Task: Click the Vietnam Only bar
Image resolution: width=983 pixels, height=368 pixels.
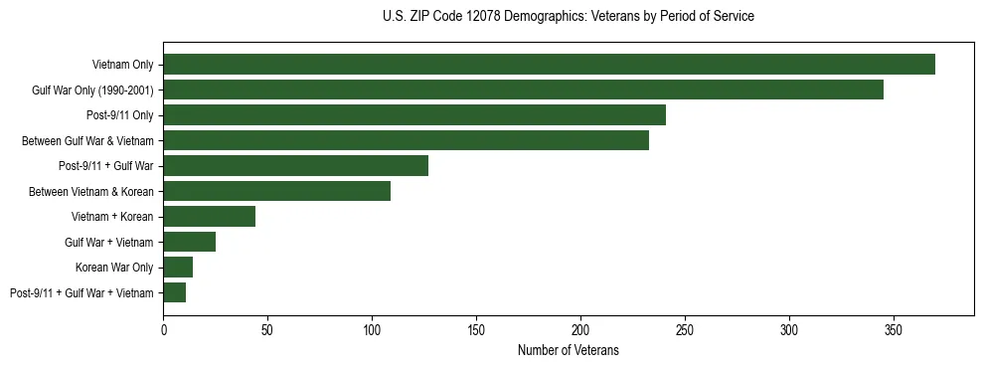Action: tap(549, 65)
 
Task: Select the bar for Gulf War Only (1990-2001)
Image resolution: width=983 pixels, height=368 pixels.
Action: tap(523, 90)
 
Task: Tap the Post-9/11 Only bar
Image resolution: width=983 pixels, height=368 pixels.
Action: tap(414, 115)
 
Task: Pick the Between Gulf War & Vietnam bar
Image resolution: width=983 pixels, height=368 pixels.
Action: tap(406, 140)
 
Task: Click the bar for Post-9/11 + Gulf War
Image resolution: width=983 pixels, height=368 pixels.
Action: tap(295, 166)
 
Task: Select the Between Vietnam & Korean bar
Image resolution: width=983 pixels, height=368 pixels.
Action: tap(276, 191)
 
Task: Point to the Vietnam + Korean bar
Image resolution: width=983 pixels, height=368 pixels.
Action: tap(209, 217)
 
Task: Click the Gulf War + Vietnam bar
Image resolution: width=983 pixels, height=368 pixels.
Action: tap(189, 242)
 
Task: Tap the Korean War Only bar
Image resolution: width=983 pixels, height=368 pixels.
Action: tap(178, 268)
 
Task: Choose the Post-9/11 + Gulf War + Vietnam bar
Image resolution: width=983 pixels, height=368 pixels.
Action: tap(174, 292)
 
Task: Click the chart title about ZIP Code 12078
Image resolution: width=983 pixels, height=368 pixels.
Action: tap(568, 17)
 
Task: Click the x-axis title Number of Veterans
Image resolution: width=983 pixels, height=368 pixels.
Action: tap(568, 350)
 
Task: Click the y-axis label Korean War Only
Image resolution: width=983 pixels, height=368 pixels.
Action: tap(114, 268)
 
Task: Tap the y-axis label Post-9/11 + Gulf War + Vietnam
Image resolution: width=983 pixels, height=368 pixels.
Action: tap(82, 292)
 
